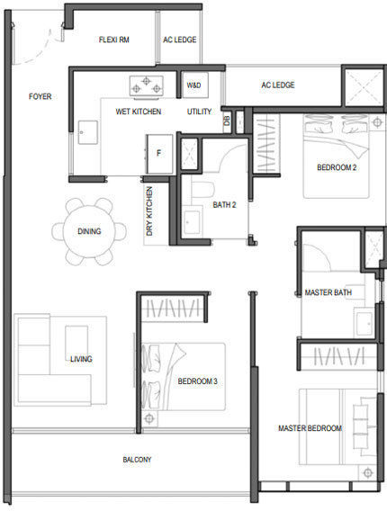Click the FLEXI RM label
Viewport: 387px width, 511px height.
pyautogui.click(x=114, y=40)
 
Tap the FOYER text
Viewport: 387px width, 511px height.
pyautogui.click(x=40, y=96)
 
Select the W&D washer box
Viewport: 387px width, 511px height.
pyautogui.click(x=195, y=85)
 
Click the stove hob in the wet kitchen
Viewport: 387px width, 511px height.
pyautogui.click(x=147, y=86)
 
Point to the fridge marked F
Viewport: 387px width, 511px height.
pyautogui.click(x=159, y=154)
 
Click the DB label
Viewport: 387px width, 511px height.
pyautogui.click(x=227, y=121)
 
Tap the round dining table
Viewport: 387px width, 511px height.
pyautogui.click(x=89, y=231)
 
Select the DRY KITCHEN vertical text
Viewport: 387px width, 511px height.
pyautogui.click(x=149, y=211)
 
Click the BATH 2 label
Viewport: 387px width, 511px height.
pyautogui.click(x=224, y=205)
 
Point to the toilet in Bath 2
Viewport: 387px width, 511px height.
pyautogui.click(x=202, y=189)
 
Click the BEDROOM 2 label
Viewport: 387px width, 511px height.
pyautogui.click(x=337, y=167)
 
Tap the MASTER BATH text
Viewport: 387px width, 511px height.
pyautogui.click(x=328, y=292)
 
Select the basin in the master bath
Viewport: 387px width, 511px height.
pyautogui.click(x=364, y=324)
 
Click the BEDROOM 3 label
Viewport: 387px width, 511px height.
pyautogui.click(x=198, y=381)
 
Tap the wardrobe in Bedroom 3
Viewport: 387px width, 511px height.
pyautogui.click(x=173, y=309)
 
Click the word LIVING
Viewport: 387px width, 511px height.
pyautogui.click(x=81, y=359)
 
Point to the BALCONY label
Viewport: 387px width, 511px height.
pyautogui.click(x=137, y=460)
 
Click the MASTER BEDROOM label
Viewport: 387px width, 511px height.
pyautogui.click(x=310, y=428)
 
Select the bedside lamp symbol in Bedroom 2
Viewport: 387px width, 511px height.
pyautogui.click(x=377, y=122)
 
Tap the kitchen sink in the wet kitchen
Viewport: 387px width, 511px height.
pyautogui.click(x=87, y=132)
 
